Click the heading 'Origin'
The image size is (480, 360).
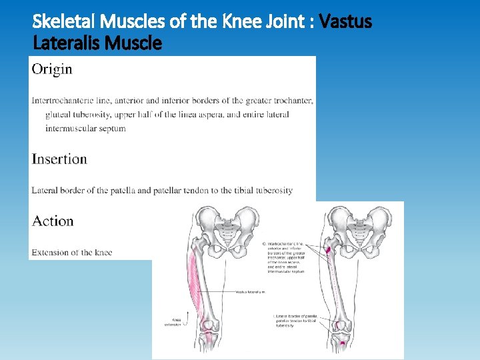[52, 69]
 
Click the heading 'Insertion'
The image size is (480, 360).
[59, 159]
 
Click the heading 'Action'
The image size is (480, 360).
[53, 221]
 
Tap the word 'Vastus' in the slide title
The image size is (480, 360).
[345, 23]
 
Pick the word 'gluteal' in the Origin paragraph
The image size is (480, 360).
[58, 115]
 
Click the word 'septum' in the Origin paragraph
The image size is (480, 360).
[112, 128]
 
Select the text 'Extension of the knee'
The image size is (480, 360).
[72, 253]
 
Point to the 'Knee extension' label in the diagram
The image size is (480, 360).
[173, 321]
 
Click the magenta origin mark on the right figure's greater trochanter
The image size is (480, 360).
[328, 251]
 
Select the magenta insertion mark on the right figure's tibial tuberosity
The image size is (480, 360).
[343, 343]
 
